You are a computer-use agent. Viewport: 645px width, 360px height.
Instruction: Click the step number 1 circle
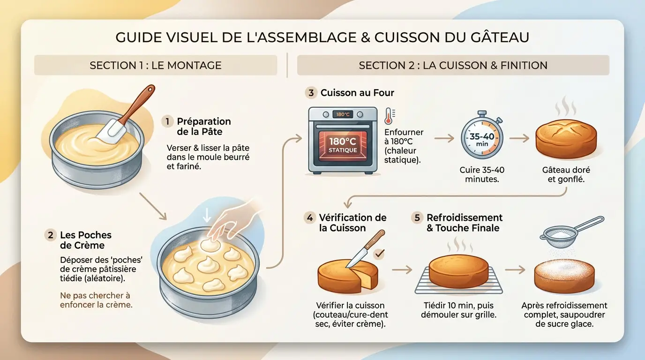click(167, 121)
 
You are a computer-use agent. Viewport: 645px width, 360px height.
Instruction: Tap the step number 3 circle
click(311, 93)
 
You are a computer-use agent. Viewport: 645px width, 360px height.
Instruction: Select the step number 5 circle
click(417, 218)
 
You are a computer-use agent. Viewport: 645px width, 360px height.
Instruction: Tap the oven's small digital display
click(342, 114)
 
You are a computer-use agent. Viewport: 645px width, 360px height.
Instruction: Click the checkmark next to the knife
click(379, 254)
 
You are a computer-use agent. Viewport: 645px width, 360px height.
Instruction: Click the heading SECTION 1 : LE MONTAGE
click(156, 65)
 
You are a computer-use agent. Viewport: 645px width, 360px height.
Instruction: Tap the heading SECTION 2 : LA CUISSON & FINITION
click(453, 65)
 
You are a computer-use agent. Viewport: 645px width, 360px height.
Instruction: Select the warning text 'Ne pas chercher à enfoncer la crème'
click(96, 300)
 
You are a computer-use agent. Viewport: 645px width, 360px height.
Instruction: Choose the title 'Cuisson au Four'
click(357, 93)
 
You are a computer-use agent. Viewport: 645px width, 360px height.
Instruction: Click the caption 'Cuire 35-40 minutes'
click(481, 174)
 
